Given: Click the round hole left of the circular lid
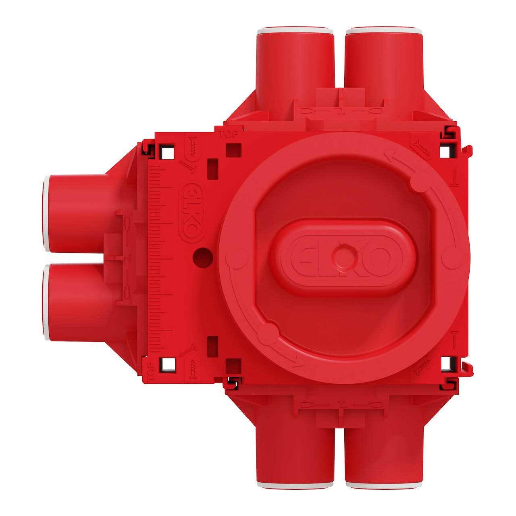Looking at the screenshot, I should (203, 256).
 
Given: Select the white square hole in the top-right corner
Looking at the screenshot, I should (445, 152).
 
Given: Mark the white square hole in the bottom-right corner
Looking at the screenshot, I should (445, 364).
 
